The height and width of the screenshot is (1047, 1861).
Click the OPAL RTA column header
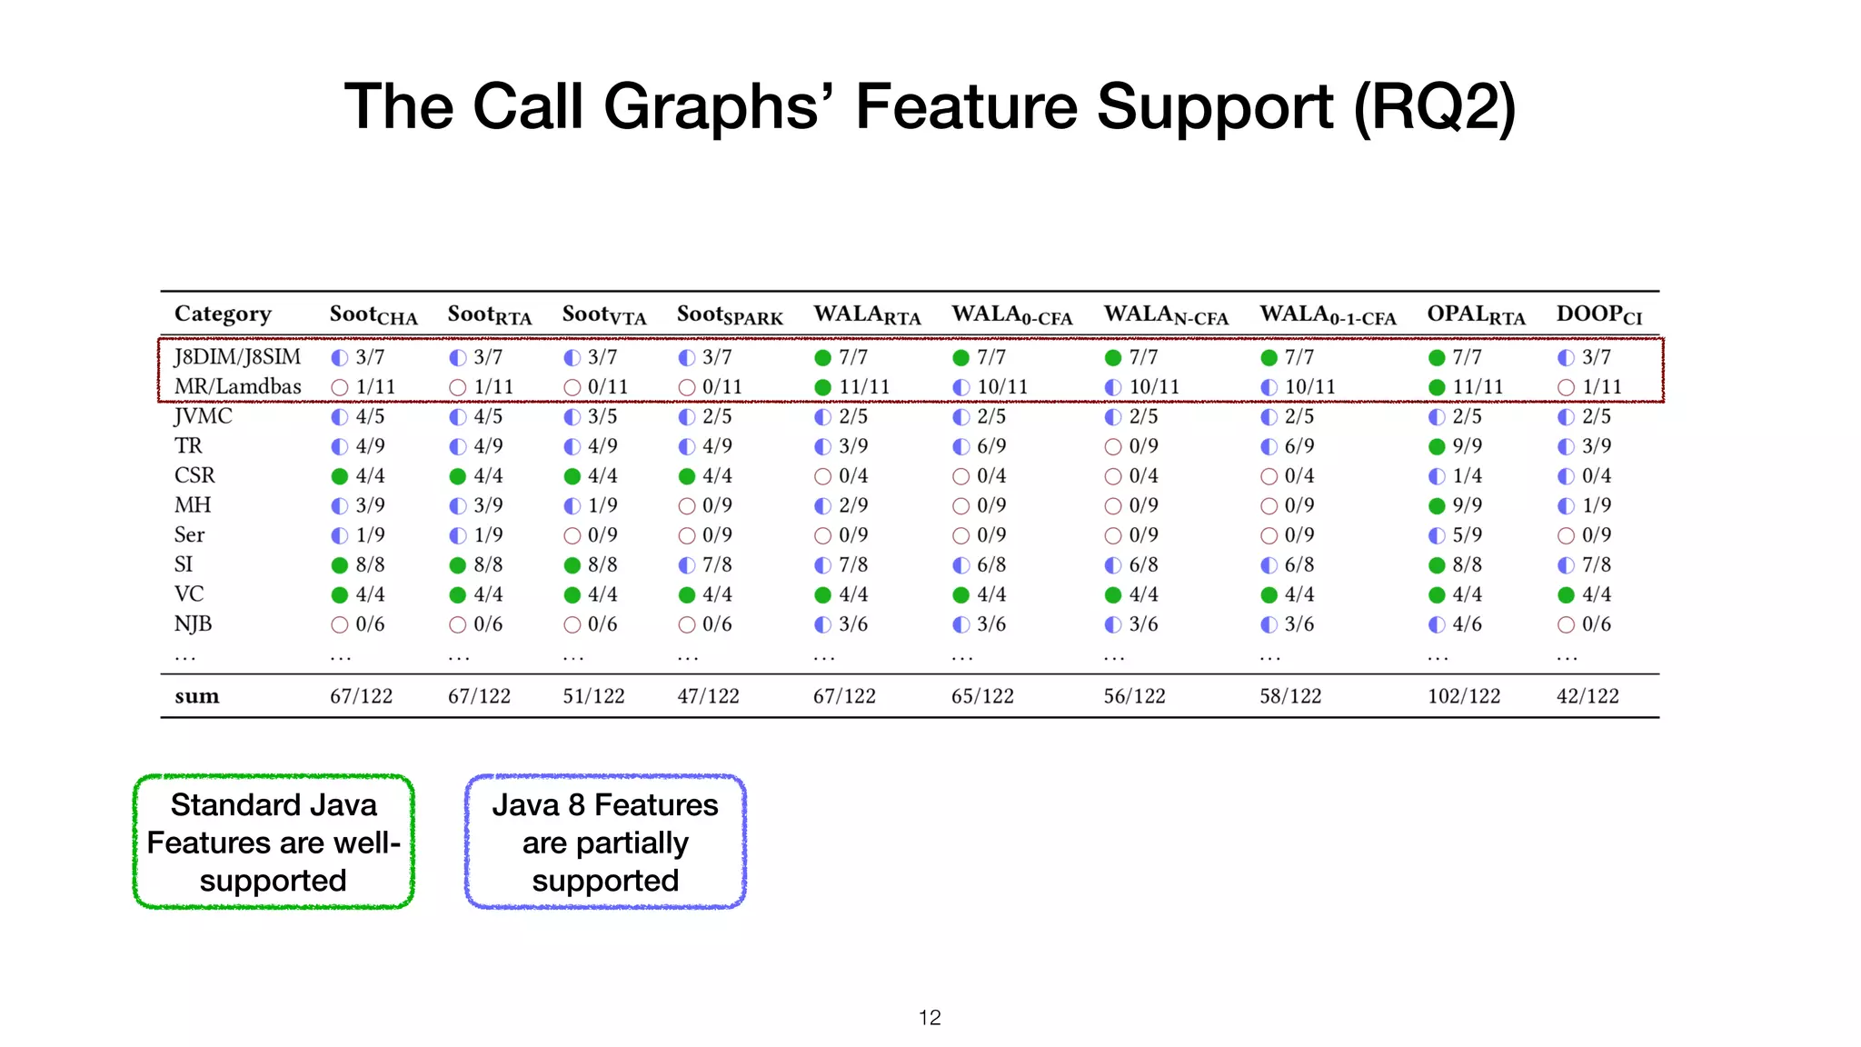1476,314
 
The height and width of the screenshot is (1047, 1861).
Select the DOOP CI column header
1598,314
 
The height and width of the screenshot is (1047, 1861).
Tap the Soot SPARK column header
729,314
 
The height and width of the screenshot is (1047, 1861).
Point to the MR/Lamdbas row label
237,386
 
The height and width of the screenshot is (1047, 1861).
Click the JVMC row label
203,416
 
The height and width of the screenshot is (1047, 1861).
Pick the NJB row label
193,623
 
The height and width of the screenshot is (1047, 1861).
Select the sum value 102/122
1463,696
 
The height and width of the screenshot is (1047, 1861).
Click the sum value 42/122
1587,696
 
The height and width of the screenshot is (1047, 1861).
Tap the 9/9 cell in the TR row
1466,446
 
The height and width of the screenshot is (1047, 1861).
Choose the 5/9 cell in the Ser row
1466,535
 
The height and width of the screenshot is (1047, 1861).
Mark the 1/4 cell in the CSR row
1466,476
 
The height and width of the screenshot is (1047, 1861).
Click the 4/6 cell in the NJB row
1466,624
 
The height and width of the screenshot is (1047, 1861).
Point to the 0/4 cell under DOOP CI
1595,476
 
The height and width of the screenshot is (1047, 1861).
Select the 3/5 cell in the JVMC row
601,416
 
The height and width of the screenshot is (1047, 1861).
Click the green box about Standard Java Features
274,842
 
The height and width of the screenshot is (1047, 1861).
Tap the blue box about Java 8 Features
605,842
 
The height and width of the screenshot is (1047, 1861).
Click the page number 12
930,1018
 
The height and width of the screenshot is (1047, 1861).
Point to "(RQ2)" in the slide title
1434,107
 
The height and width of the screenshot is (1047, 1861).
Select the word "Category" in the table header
223,314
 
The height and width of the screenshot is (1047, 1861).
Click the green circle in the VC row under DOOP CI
1566,595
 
